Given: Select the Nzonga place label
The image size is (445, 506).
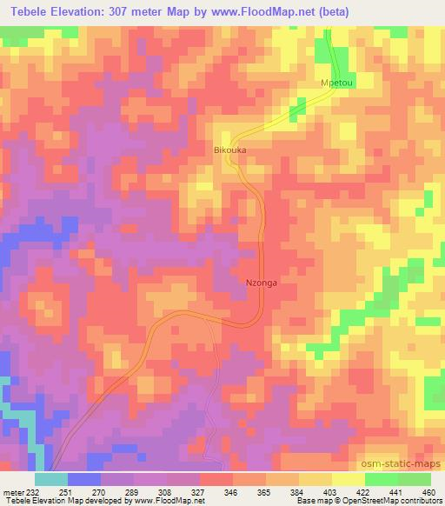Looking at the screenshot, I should point(262,282).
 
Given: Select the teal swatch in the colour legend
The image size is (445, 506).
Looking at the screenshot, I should point(51,478).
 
